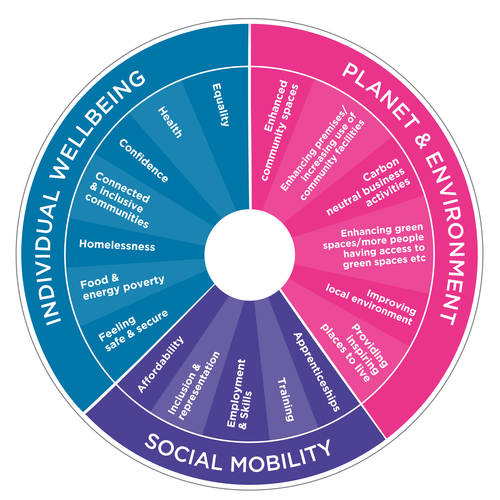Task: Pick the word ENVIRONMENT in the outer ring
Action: click(x=445, y=238)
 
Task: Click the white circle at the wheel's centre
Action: click(x=250, y=255)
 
